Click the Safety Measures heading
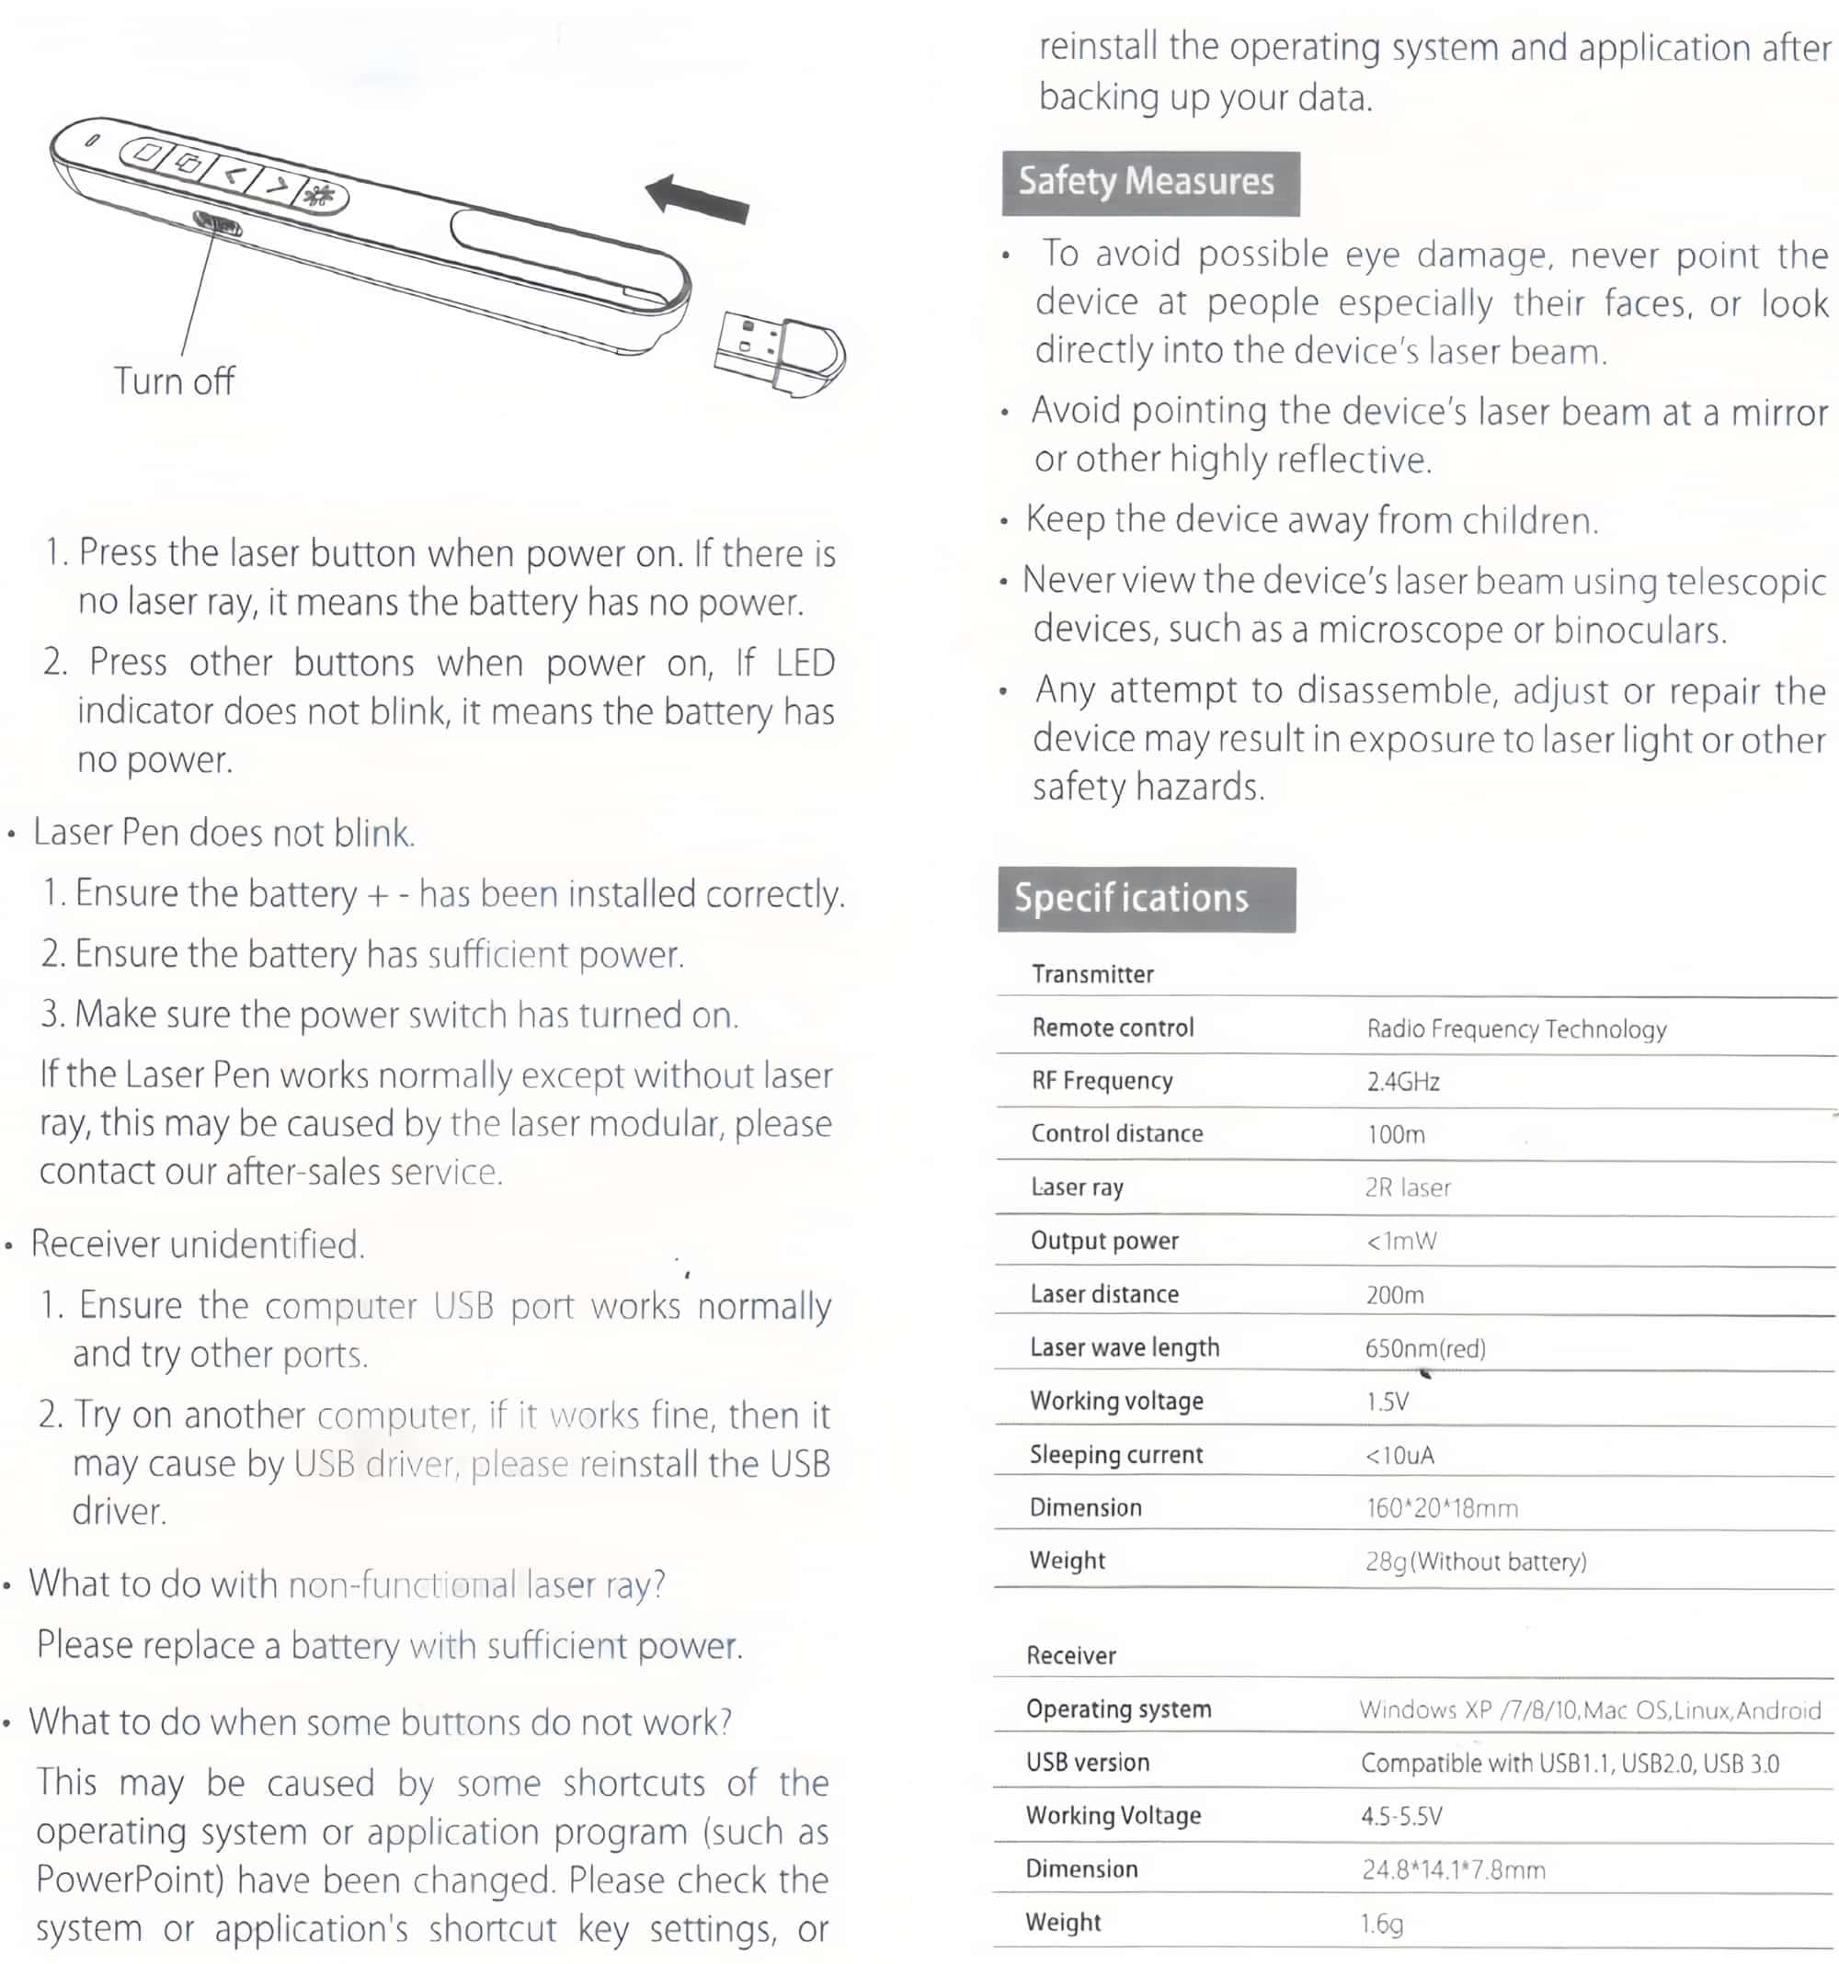coord(1149,183)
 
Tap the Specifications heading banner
coord(1146,898)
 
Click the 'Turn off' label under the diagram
coord(174,381)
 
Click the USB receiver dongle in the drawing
coord(780,354)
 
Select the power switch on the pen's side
coord(217,224)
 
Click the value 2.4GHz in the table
coord(1403,1082)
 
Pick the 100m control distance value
coord(1395,1135)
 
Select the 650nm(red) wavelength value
coord(1425,1348)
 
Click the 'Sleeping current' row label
coord(1115,1454)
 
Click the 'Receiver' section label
coord(1070,1656)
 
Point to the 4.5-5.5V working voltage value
coord(1401,1816)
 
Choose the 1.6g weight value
coord(1381,1923)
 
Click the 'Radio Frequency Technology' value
coord(1516,1029)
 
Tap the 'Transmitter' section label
coord(1092,975)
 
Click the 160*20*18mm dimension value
coord(1442,1507)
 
